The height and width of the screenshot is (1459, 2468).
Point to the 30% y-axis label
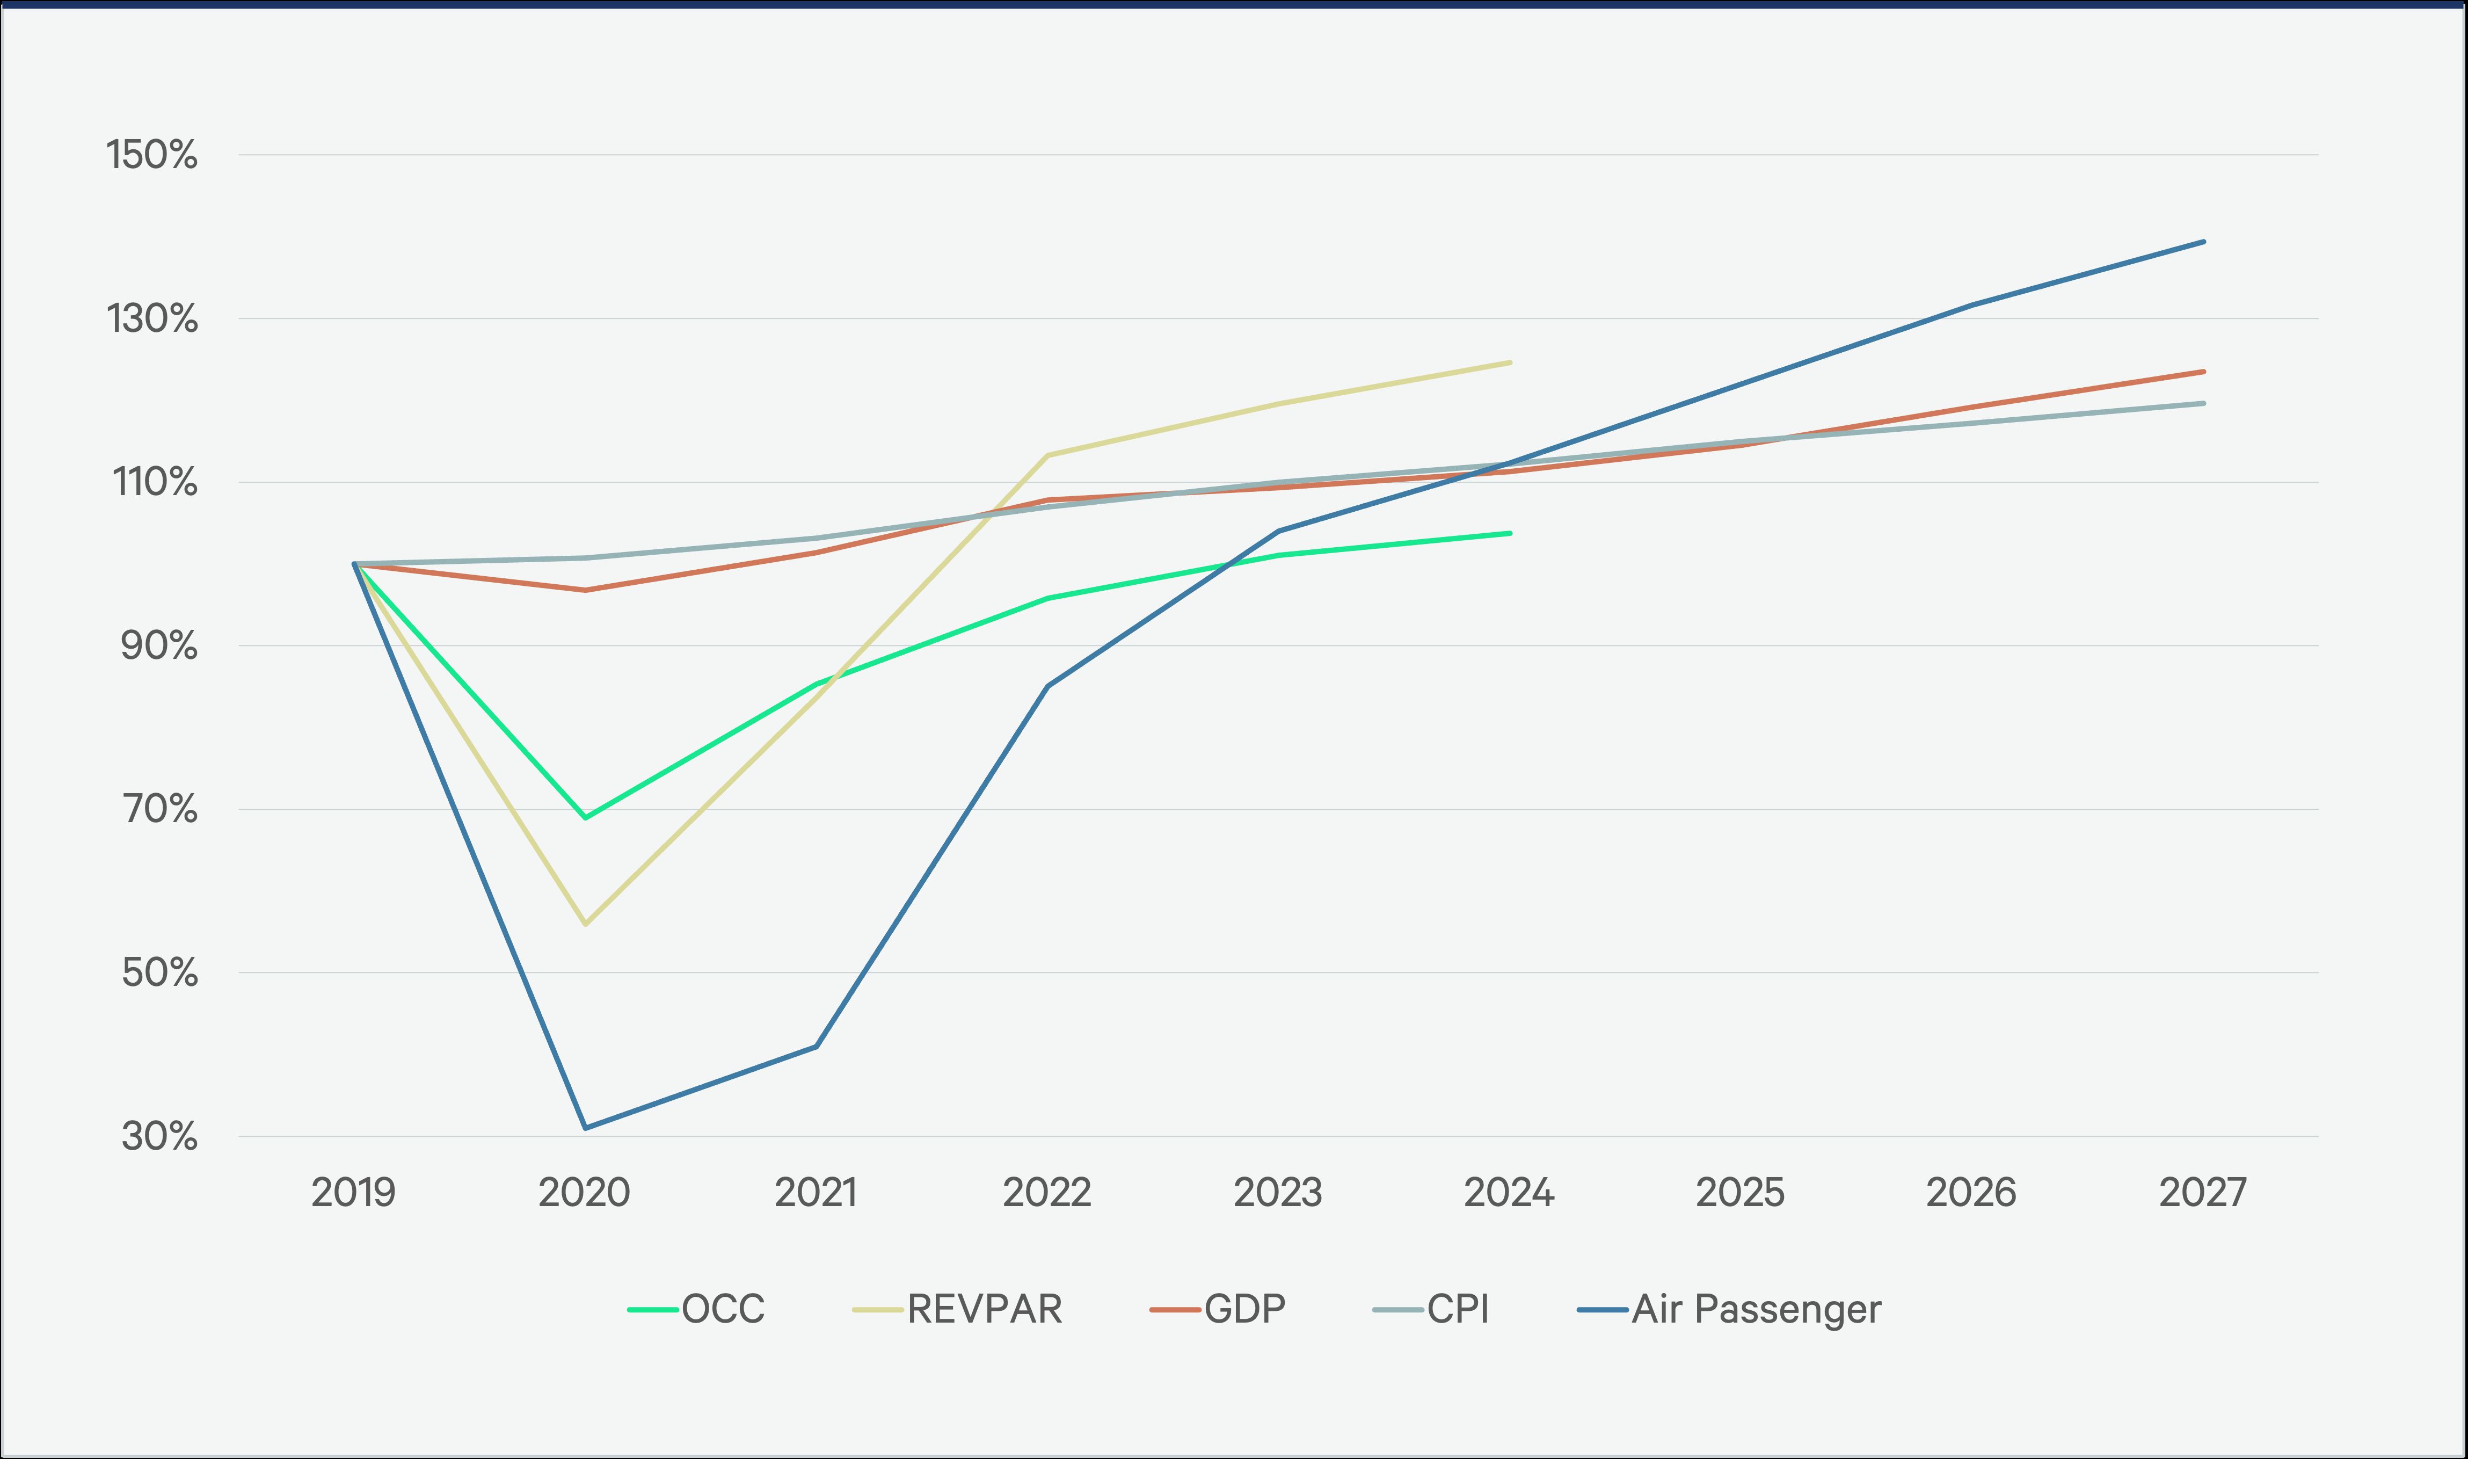(159, 1136)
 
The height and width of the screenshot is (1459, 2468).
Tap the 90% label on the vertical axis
(159, 646)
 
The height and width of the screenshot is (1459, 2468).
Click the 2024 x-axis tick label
(1509, 1193)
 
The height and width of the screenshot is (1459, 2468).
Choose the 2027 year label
(2203, 1193)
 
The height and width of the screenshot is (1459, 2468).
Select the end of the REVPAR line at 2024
(1510, 363)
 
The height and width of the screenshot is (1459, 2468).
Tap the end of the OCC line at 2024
(1510, 534)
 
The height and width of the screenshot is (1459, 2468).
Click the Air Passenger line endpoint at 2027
(2204, 242)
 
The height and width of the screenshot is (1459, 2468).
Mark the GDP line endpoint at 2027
(2204, 372)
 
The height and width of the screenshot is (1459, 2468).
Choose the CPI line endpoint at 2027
(2204, 403)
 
